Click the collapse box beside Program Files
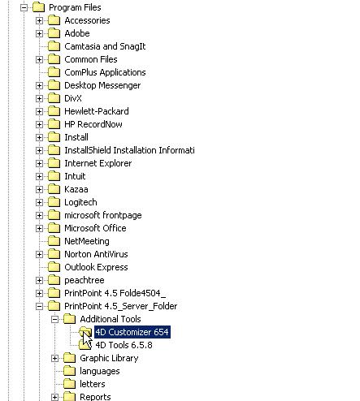click(x=24, y=7)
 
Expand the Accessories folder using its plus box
click(x=39, y=20)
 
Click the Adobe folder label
click(x=77, y=33)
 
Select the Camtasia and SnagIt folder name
click(x=105, y=46)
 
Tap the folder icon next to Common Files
click(x=54, y=59)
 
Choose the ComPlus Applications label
click(x=105, y=72)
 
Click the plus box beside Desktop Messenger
click(x=39, y=85)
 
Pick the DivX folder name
click(x=73, y=98)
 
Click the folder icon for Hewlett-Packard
click(x=54, y=111)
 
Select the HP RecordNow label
click(x=93, y=124)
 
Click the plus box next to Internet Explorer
click(x=39, y=163)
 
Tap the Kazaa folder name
click(x=76, y=189)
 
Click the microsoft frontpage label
click(x=103, y=215)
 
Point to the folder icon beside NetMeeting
click(x=54, y=241)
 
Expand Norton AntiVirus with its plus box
click(x=39, y=254)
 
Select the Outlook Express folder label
click(x=96, y=267)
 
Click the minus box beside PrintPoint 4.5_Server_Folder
click(x=39, y=306)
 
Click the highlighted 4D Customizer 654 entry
click(x=132, y=332)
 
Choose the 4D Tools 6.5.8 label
click(x=124, y=345)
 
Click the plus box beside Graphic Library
click(x=54, y=358)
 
